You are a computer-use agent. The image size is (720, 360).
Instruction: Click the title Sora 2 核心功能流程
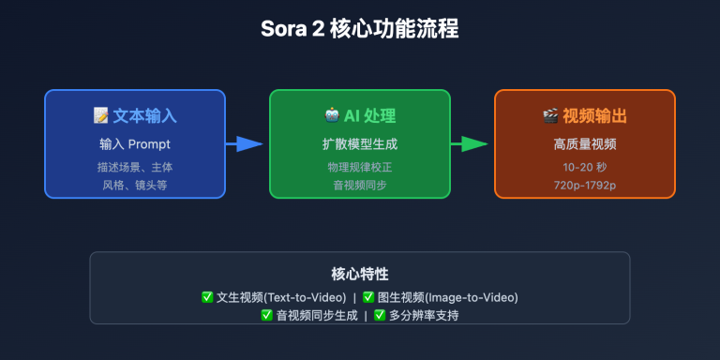pos(360,28)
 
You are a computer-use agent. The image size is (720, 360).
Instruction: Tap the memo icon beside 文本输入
pos(101,116)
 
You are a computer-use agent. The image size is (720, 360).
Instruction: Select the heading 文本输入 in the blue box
pos(145,116)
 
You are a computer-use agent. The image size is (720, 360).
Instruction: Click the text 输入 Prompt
pos(135,144)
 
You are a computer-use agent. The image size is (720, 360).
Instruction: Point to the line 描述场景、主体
pos(135,168)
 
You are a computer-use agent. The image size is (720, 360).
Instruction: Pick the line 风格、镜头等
pos(135,185)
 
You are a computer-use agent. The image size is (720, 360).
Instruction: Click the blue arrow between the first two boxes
pos(245,143)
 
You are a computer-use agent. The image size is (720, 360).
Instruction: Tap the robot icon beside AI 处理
pos(332,116)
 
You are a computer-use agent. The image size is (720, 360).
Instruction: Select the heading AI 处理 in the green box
pos(369,116)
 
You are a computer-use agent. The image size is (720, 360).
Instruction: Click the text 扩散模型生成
pos(360,144)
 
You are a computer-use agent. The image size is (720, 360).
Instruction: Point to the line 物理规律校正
pos(360,168)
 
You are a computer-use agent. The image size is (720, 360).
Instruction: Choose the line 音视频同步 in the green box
pos(360,185)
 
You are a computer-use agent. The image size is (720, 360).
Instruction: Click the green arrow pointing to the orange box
pos(471,143)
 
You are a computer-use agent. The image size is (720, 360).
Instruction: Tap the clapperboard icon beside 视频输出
pos(550,116)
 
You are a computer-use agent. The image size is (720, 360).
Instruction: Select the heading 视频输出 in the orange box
pos(595,116)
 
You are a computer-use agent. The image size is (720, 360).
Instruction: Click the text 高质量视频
pos(585,144)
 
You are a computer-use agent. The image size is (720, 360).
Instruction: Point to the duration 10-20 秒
pos(585,168)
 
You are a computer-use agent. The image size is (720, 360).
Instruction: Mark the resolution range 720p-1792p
pos(585,185)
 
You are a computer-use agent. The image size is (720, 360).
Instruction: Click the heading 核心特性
pos(360,274)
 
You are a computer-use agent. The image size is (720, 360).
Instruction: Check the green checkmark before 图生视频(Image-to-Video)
pos(368,297)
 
